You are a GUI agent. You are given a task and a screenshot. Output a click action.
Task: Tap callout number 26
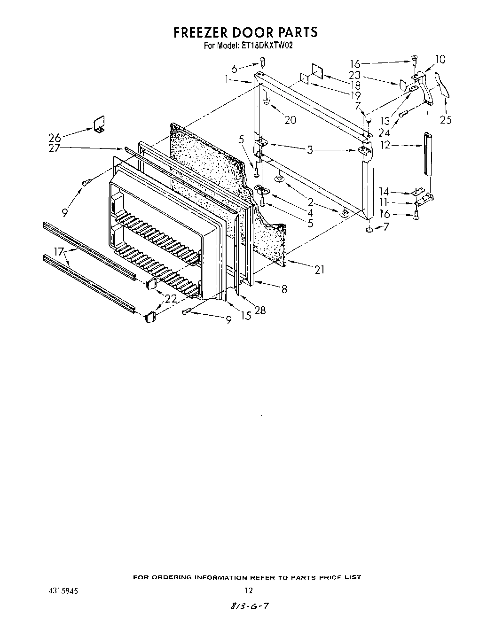click(55, 138)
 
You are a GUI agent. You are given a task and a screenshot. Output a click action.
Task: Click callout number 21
click(320, 270)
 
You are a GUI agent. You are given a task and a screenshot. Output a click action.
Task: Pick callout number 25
click(446, 120)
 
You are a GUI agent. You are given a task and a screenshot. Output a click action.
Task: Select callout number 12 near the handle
click(385, 145)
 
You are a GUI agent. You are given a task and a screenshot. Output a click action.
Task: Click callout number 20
click(291, 120)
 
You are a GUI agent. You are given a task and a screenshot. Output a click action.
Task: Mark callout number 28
click(260, 310)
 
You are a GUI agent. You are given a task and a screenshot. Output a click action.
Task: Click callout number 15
click(246, 316)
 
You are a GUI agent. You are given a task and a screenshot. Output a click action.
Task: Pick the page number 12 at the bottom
click(249, 590)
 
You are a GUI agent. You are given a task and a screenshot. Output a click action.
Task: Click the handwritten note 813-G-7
click(249, 606)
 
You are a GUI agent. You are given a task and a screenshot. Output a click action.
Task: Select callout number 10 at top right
click(440, 60)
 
